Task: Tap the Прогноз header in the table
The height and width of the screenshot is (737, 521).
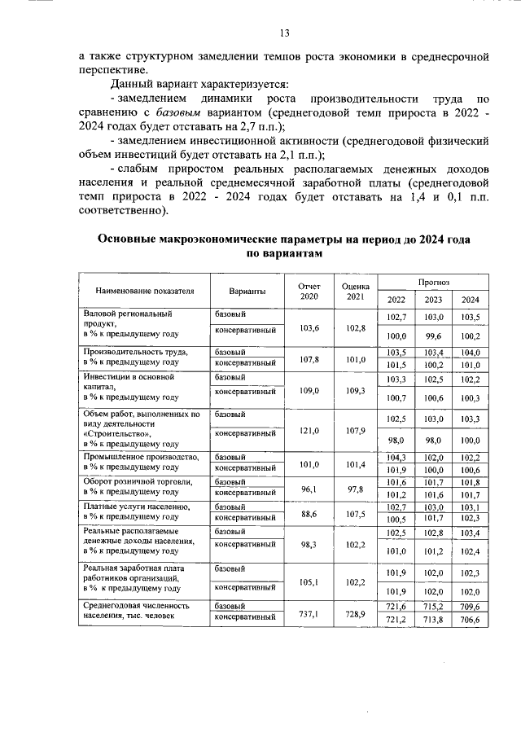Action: tap(434, 281)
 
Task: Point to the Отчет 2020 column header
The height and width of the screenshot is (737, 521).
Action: tap(309, 291)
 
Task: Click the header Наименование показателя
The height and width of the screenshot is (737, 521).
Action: tap(145, 291)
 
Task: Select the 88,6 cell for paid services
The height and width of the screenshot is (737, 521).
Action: tap(309, 514)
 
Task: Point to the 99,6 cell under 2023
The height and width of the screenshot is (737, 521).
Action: tap(434, 336)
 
